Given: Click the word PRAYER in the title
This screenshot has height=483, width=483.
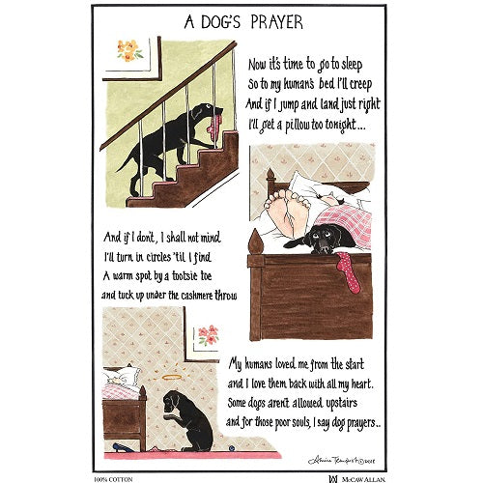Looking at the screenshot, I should (277, 21).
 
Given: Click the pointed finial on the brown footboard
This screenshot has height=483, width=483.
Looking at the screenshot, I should (253, 241).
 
